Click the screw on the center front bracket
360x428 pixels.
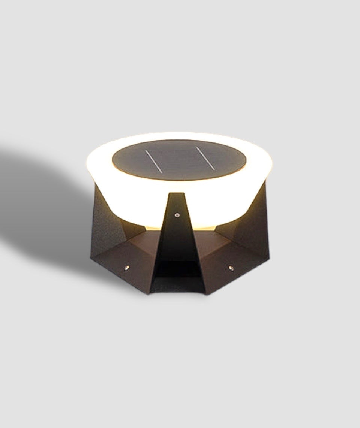pos(177,215)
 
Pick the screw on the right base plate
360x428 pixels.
pos(231,268)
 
